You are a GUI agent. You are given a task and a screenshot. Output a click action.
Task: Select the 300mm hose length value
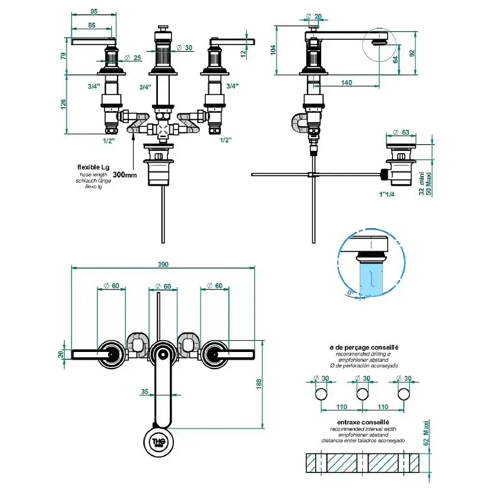pyautogui.click(x=124, y=175)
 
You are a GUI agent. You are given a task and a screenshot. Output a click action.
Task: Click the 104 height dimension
pyautogui.click(x=274, y=50)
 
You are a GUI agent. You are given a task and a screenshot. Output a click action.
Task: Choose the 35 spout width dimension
pyautogui.click(x=145, y=391)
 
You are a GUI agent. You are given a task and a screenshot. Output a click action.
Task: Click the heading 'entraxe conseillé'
pyautogui.click(x=354, y=422)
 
